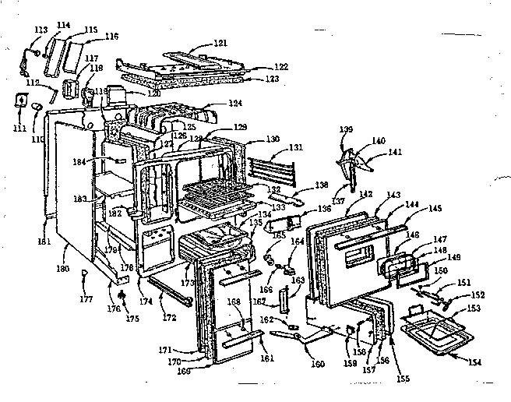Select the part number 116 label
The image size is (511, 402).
click(112, 36)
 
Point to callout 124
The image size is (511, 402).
click(234, 104)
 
